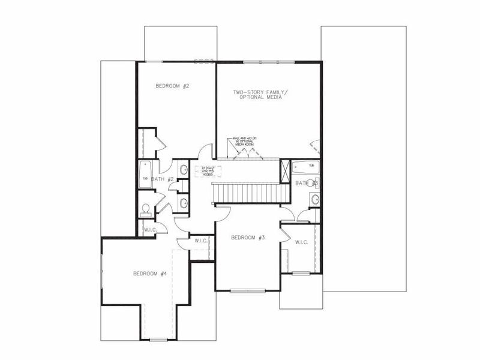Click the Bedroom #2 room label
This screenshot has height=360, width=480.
(x=172, y=86)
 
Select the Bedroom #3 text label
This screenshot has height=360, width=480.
(x=248, y=238)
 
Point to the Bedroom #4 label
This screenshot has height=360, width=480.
(x=149, y=274)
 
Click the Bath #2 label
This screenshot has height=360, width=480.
(x=162, y=179)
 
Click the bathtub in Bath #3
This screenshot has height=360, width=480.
(x=306, y=166)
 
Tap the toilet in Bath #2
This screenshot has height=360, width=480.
(x=145, y=209)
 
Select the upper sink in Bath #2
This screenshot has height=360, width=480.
(x=184, y=170)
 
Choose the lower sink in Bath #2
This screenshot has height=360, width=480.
(x=184, y=203)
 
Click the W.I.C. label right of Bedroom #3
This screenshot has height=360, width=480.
(x=301, y=242)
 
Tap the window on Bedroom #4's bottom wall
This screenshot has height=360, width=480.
(x=158, y=340)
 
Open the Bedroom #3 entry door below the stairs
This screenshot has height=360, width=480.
(x=223, y=209)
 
